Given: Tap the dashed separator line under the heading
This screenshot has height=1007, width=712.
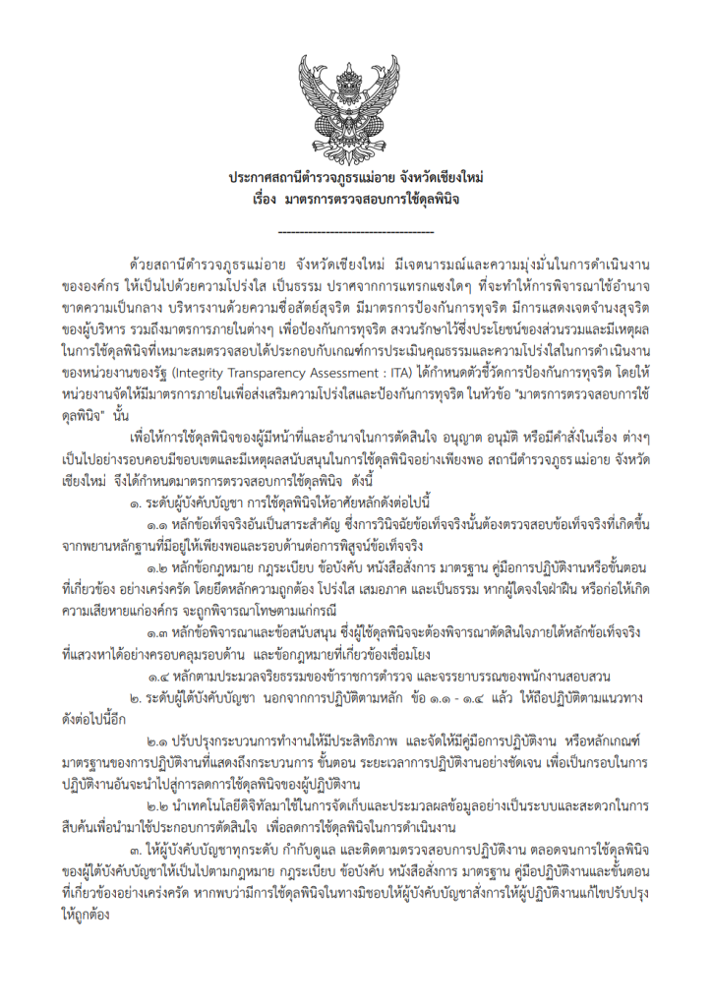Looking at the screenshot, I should [x=356, y=231].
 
